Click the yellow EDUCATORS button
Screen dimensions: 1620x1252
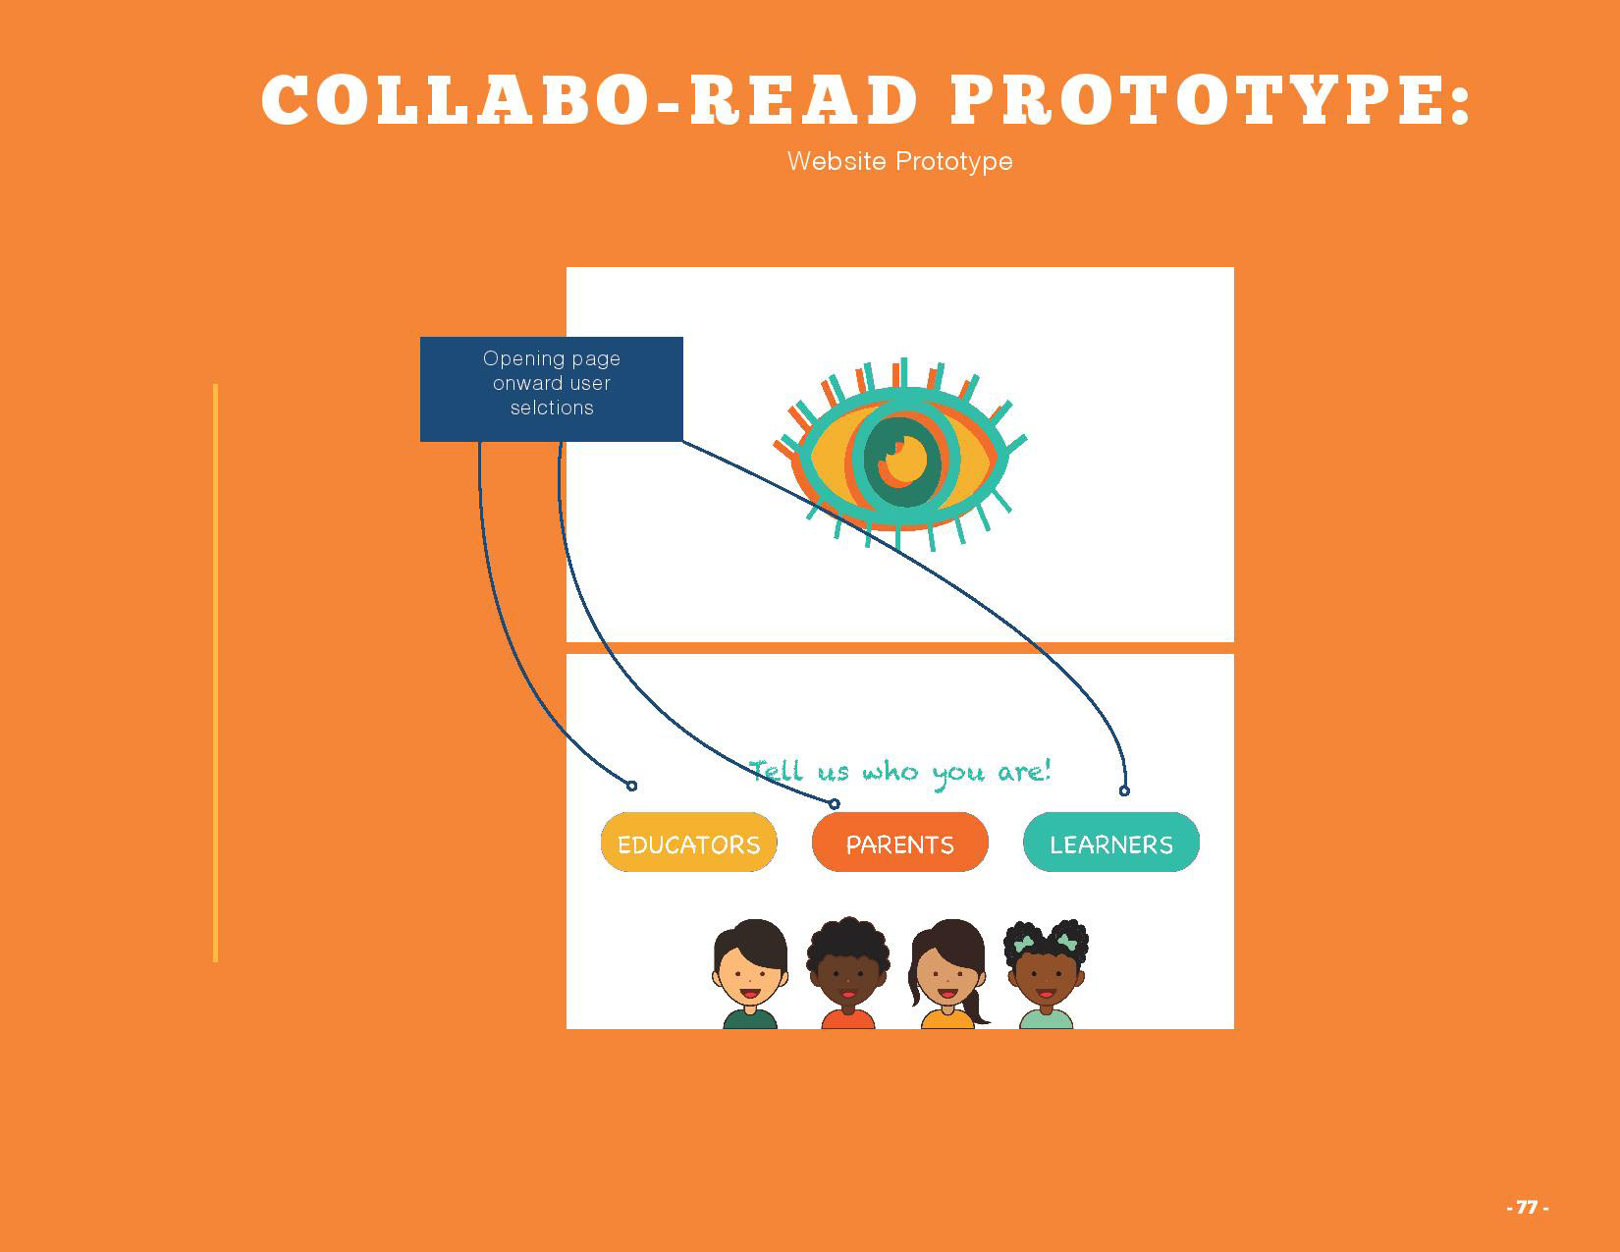coord(688,843)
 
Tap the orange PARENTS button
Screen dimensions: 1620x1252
coord(899,843)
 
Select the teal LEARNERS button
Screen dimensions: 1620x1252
coord(1110,843)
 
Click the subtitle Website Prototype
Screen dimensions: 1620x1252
coord(899,161)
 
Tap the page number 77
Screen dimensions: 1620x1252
coord(1527,1207)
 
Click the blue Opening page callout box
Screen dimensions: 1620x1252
coord(551,389)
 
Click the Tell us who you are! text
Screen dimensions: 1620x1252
coord(899,772)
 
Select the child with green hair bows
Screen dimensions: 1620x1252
coord(1046,972)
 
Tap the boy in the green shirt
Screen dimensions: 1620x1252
coord(750,972)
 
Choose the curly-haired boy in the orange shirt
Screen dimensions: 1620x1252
coord(847,972)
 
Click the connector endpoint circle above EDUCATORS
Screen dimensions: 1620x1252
coord(631,786)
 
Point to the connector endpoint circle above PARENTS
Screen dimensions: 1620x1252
coord(835,804)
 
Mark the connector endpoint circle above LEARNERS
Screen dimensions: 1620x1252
coord(1124,790)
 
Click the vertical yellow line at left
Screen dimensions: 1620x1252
coord(215,673)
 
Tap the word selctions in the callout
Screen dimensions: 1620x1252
coord(552,408)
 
